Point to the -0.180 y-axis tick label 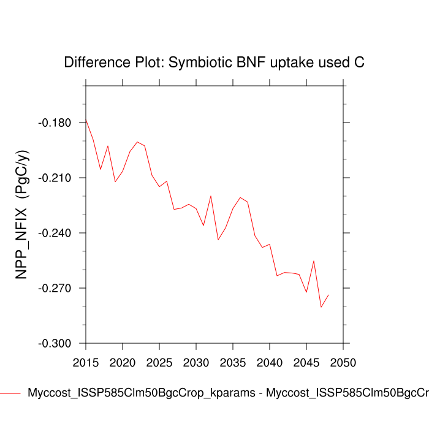(x=55, y=123)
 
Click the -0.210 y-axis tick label (x=55, y=178)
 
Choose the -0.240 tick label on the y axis (x=55, y=233)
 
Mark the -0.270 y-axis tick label (x=55, y=289)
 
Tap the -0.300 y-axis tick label (x=55, y=344)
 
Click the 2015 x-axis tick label (x=86, y=362)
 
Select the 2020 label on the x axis (x=123, y=362)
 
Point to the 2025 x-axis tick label (x=159, y=362)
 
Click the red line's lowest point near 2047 (x=321, y=307)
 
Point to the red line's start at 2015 (x=86, y=120)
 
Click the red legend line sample (x=10, y=393)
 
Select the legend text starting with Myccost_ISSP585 (x=227, y=393)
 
